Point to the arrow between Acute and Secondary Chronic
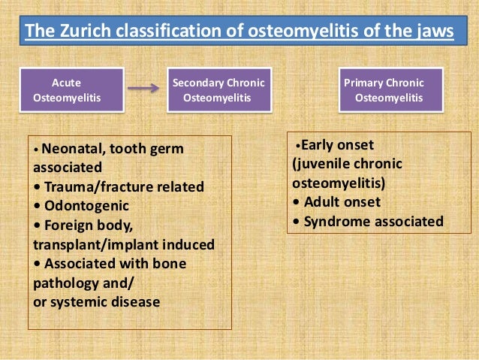tap(143, 88)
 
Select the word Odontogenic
tap(86, 205)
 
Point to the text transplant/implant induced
tap(124, 244)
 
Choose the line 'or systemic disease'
tap(96, 302)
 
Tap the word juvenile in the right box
tap(321, 164)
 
